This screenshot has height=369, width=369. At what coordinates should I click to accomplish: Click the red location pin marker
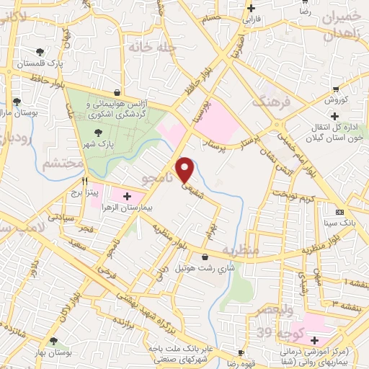(x=186, y=169)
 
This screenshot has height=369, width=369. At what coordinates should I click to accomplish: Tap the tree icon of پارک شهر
(x=99, y=132)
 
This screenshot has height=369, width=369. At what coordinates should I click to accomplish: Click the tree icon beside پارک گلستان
(x=39, y=52)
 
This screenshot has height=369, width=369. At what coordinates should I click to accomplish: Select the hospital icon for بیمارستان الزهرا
(x=128, y=196)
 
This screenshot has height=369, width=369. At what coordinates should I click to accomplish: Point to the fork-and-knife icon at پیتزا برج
(x=85, y=182)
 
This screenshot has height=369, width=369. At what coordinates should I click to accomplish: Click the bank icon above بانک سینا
(x=340, y=212)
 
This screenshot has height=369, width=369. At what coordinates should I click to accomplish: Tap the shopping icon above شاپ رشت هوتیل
(x=206, y=256)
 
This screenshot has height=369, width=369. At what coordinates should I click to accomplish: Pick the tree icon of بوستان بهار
(x=53, y=342)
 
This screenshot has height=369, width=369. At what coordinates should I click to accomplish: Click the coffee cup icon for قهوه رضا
(x=240, y=354)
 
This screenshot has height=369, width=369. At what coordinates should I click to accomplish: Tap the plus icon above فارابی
(x=251, y=9)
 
